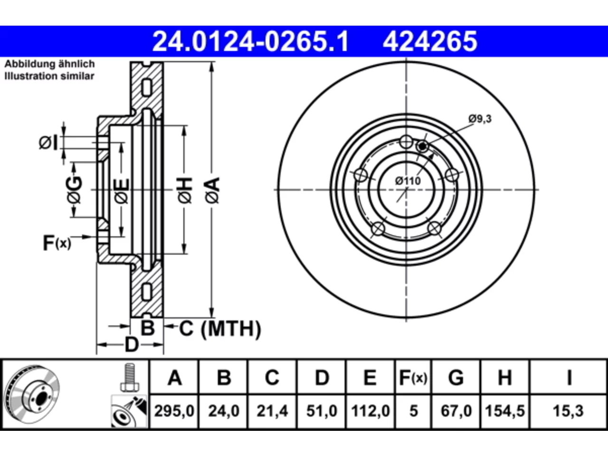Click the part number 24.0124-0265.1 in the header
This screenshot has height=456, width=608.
250,41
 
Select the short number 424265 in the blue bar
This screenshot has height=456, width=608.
430,41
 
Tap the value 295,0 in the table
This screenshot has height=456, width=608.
174,411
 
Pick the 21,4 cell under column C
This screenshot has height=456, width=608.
272,411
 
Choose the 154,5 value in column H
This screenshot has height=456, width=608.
504,411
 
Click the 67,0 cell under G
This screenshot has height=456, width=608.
456,411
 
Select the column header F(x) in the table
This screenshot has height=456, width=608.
413,378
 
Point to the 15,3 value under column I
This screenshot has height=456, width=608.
568,411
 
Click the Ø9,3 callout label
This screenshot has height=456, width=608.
480,119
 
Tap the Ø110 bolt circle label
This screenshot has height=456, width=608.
408,181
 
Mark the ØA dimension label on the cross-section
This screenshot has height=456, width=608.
212,191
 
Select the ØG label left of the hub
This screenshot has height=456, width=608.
74,190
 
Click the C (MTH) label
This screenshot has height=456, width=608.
220,329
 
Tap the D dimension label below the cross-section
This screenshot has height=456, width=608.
132,345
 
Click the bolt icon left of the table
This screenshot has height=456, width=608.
130,377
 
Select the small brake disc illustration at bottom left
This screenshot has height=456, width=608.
32,394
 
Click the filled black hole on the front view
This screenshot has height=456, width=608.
422,146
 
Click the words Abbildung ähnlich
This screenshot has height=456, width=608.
50,64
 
